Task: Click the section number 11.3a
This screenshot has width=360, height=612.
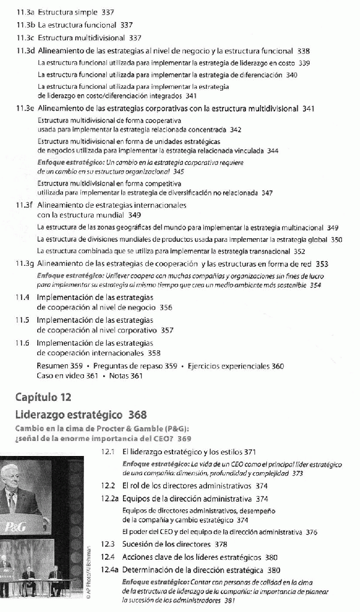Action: pyautogui.click(x=25, y=11)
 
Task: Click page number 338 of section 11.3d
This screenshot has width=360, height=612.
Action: pyautogui.click(x=303, y=51)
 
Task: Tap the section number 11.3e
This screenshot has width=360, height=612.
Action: pyautogui.click(x=25, y=109)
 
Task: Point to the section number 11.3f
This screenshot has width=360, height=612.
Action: pyautogui.click(x=25, y=205)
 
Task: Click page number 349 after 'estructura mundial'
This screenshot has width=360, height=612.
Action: pyautogui.click(x=134, y=215)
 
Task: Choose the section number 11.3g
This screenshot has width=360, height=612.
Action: pyautogui.click(x=25, y=263)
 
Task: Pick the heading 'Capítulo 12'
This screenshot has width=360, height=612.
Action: pyautogui.click(x=44, y=397)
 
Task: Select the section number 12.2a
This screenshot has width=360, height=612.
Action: pyautogui.click(x=111, y=498)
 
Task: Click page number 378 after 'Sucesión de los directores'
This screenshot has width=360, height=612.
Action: pyautogui.click(x=221, y=544)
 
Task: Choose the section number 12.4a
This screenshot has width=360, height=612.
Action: pyautogui.click(x=111, y=569)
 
